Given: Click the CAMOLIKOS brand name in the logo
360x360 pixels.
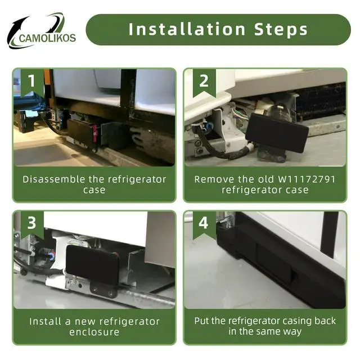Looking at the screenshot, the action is pyautogui.click(x=47, y=38).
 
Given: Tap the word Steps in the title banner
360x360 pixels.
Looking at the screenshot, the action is pyautogui.click(x=281, y=30).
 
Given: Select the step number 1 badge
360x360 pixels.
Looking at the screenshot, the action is pyautogui.click(x=32, y=83).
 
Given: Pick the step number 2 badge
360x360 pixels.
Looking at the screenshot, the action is pyautogui.click(x=204, y=83).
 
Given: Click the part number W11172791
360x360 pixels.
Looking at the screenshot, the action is pyautogui.click(x=307, y=179).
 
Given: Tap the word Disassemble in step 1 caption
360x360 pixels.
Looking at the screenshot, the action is pyautogui.click(x=54, y=179).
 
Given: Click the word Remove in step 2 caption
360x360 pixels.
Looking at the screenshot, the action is pyautogui.click(x=214, y=179).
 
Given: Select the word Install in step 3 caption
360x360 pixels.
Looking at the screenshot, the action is pyautogui.click(x=45, y=321).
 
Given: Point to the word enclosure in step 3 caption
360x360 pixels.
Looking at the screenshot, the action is pyautogui.click(x=94, y=332).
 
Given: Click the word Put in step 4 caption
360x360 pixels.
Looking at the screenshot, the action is pyautogui.click(x=201, y=321).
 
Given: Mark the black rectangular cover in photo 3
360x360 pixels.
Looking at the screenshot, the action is pyautogui.click(x=92, y=264).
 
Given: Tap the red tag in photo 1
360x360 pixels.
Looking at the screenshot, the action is pyautogui.click(x=95, y=132).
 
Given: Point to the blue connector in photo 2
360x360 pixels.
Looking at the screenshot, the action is pyautogui.click(x=210, y=125).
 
